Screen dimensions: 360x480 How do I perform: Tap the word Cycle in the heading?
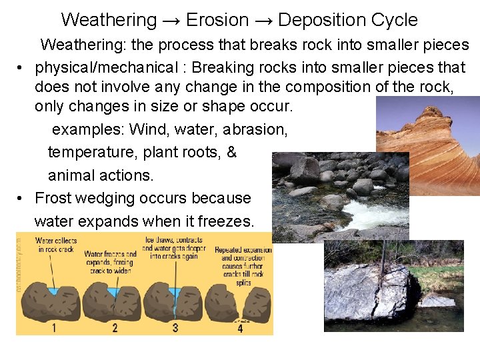pos(397,20)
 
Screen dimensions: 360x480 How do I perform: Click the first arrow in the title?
pos(171,21)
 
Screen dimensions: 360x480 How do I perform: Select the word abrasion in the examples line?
pos(257,129)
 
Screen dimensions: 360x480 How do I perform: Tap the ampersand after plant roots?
pos(231,152)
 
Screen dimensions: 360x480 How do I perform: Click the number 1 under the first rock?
pos(54,327)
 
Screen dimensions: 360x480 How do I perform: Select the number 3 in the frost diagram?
pos(175,327)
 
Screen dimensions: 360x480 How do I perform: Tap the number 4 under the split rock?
pos(240,327)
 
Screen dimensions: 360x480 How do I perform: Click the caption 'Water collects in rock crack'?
pos(56,245)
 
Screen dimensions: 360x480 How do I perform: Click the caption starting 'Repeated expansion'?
pos(243,262)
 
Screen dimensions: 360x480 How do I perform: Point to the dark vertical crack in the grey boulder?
pos(389,293)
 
